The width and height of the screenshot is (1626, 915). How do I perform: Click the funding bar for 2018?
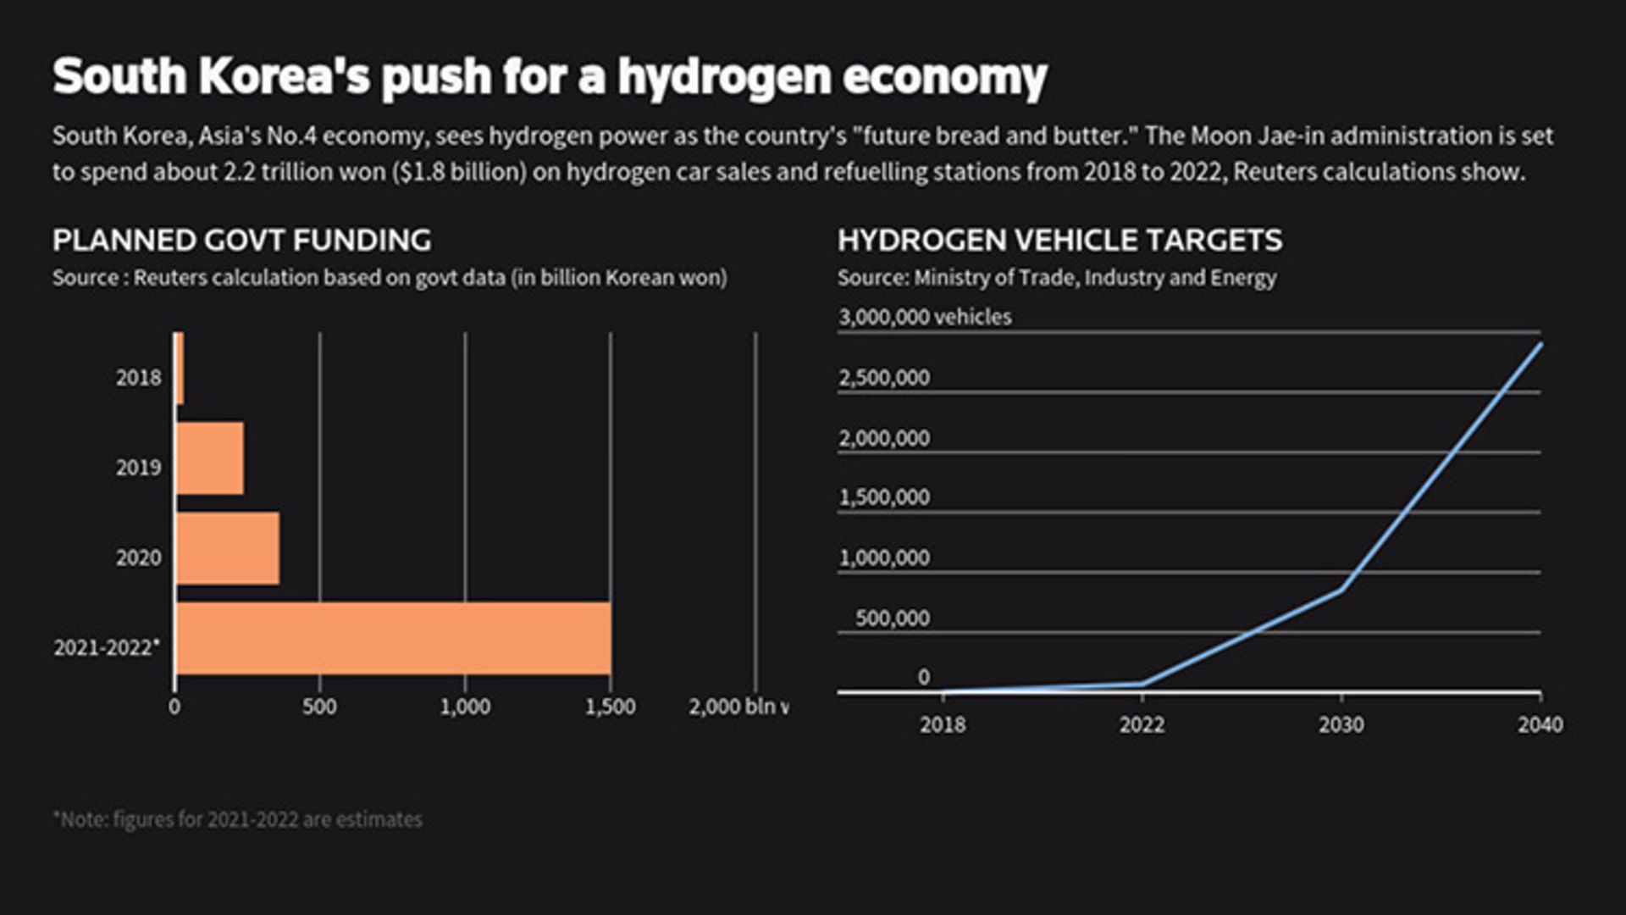(180, 369)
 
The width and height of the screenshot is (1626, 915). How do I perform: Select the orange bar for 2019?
(210, 458)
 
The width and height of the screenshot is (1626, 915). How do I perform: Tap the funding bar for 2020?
(227, 548)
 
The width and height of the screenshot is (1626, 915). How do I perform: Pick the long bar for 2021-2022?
(393, 638)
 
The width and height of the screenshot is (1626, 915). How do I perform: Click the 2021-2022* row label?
(107, 648)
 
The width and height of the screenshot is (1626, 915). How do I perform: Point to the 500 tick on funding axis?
(319, 707)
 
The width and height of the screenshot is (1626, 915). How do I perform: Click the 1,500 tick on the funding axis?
(610, 707)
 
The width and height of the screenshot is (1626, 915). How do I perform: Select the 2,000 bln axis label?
(737, 707)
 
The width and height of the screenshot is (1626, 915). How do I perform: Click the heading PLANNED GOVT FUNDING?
(241, 241)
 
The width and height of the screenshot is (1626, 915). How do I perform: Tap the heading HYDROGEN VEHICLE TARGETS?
(1059, 241)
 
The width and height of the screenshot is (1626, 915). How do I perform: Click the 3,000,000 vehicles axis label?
(925, 317)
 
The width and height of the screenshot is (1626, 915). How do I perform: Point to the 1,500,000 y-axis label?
(884, 497)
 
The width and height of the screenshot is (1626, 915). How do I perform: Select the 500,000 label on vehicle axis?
(892, 618)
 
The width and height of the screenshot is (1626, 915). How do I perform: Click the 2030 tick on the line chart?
(1341, 724)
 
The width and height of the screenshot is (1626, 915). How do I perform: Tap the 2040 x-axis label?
(1540, 724)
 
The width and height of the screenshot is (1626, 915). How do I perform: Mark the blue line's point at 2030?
(1341, 590)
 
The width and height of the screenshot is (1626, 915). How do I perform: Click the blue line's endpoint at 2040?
(1540, 344)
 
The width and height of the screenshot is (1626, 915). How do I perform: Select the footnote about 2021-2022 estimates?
(238, 820)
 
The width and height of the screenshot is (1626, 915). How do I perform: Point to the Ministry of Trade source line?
(1057, 278)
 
